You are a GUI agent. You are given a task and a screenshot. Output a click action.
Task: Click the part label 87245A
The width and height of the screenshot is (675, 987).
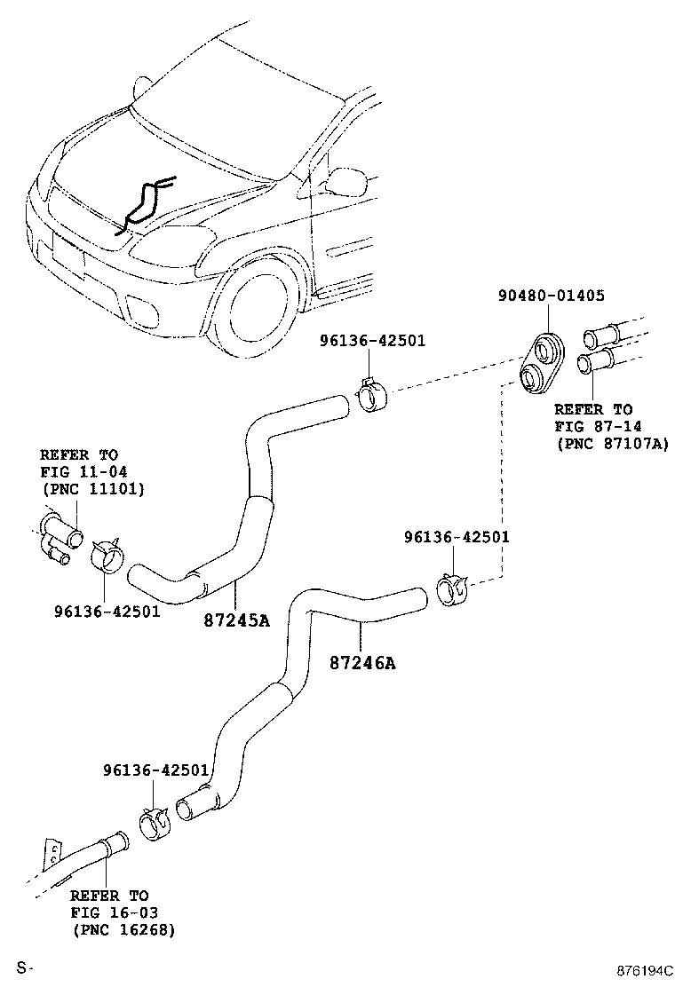coord(237,620)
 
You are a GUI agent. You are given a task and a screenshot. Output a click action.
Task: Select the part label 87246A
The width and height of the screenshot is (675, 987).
coord(361,662)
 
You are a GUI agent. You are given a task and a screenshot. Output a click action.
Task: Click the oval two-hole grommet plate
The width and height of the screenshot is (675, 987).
coord(541,363)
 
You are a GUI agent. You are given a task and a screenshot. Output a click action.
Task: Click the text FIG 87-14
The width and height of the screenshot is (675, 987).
coord(593,427)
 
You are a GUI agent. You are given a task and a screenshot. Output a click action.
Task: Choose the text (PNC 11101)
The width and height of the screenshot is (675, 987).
coord(92,488)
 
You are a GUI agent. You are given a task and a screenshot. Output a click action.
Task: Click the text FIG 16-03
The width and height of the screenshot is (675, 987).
coord(110,912)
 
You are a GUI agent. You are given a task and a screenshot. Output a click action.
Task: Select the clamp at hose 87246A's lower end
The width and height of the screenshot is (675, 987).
coord(156,821)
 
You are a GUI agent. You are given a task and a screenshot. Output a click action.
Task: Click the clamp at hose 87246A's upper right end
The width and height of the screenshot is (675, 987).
coord(454,588)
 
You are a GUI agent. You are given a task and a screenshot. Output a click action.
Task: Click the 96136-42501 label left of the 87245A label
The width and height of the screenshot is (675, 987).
coord(107,612)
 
